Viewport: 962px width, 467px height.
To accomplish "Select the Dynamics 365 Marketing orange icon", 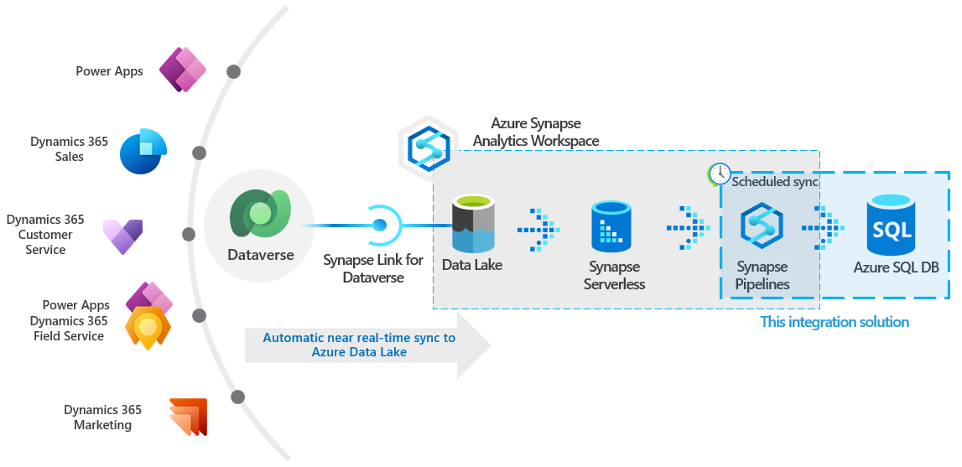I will tap(188, 417).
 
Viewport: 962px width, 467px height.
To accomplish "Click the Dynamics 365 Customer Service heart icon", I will tap(122, 236).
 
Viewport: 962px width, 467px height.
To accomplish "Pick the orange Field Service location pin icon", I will tap(148, 328).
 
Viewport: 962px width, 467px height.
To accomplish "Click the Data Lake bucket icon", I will tap(474, 224).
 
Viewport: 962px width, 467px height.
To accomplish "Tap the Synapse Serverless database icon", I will tap(611, 226).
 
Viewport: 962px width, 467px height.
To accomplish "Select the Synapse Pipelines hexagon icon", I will tap(762, 227).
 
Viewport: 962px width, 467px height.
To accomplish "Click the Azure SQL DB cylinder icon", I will tap(892, 224).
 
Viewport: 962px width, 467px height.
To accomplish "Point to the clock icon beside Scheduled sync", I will tap(719, 174).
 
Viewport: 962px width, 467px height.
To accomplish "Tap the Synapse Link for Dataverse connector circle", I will tap(380, 225).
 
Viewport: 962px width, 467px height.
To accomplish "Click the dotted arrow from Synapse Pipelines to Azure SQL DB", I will tap(823, 226).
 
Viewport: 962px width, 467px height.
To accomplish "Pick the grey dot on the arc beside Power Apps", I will tap(233, 72).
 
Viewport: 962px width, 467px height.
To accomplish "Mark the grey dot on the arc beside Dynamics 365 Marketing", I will tap(238, 397).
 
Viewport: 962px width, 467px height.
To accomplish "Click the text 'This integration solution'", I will tap(834, 322).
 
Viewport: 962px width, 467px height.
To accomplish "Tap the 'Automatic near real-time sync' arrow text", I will tap(359, 345).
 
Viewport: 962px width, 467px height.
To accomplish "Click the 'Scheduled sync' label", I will tap(775, 181).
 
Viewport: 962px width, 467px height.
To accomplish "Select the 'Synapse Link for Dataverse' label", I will tap(373, 268).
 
